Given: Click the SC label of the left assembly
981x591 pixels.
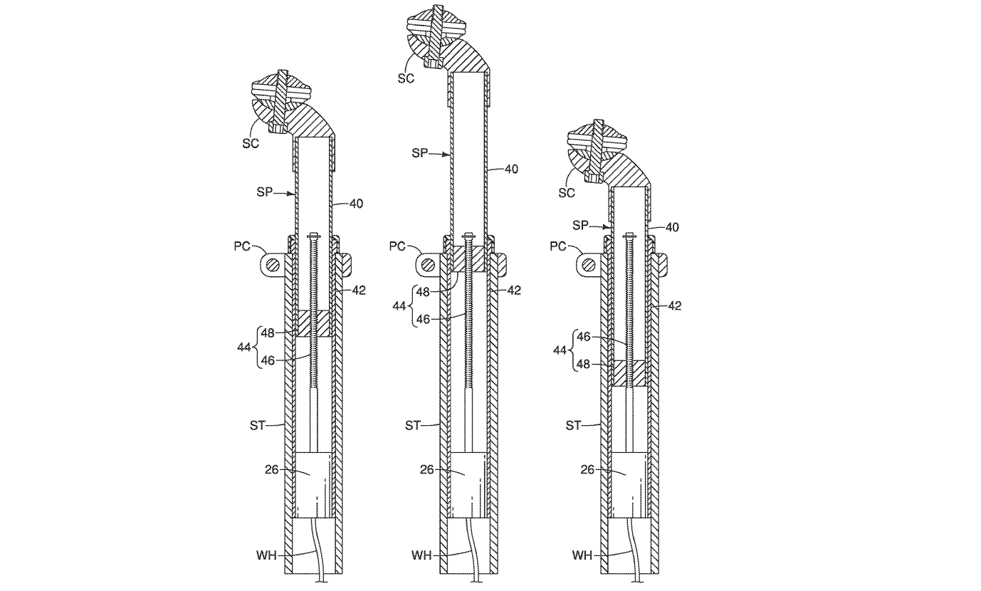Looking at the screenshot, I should (x=249, y=142).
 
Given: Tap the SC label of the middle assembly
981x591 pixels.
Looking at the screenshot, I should (x=406, y=78).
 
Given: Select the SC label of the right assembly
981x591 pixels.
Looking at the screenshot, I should (x=567, y=192).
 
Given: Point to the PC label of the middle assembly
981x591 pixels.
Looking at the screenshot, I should (x=398, y=246).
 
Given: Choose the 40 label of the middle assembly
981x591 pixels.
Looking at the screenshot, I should (x=511, y=169).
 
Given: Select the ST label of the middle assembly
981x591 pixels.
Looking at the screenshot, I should (x=414, y=425).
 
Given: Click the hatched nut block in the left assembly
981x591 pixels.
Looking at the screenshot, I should (x=313, y=323).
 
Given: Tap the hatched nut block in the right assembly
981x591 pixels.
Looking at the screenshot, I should (x=629, y=372).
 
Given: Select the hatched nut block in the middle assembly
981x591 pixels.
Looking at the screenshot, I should (x=468, y=259).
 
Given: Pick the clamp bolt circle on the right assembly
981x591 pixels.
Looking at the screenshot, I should (x=588, y=265).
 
